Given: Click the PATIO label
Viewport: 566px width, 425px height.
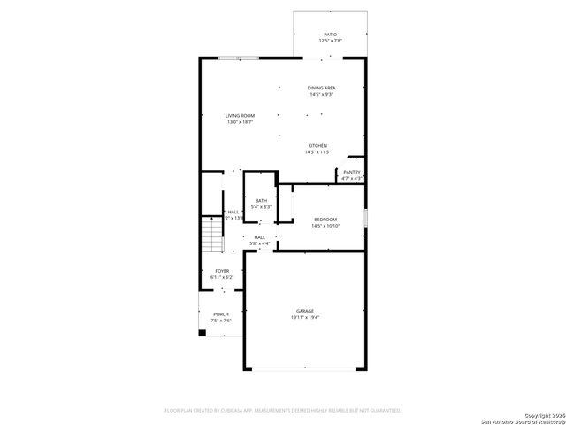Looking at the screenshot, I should coord(330,35).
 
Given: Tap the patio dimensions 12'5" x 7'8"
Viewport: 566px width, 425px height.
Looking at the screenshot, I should coord(330,42).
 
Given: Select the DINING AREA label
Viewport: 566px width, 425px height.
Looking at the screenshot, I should coord(321,88).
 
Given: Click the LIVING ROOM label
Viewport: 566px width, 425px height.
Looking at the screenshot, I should coord(240,116).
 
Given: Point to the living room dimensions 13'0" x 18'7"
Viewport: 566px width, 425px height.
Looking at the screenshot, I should coord(240,123).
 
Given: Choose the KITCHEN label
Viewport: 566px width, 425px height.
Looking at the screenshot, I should coord(317,145).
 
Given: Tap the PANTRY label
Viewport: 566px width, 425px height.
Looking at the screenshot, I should coord(351,172).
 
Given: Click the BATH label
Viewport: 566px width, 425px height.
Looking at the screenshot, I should coord(261,200).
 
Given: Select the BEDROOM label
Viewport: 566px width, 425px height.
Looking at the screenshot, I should coord(325,219).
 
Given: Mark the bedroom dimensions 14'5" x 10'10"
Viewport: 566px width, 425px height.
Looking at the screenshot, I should coord(325,226).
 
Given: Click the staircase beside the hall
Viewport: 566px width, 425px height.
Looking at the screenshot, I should coord(210,236).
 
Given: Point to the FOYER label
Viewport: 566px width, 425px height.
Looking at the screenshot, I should coord(222,271).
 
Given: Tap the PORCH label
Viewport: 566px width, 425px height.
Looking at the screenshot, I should coord(220,314).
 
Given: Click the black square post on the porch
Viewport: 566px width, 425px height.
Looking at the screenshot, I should coord(203,333).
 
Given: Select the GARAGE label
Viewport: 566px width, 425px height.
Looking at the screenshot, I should coord(305,311).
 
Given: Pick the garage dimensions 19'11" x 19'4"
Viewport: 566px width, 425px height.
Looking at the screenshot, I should coord(305,318).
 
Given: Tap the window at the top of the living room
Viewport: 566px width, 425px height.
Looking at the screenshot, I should coord(239,58).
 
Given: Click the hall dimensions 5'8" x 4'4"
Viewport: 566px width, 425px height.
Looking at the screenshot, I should coord(260,243).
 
